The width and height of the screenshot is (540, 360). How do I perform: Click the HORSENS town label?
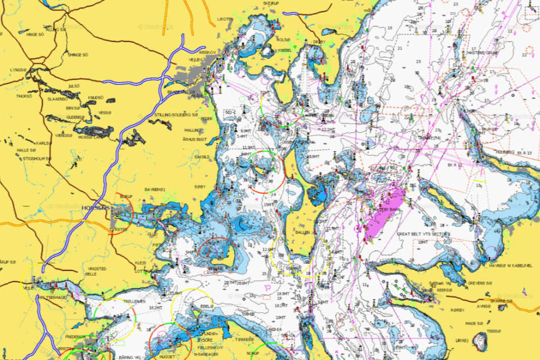pyautogui.click(x=96, y=208)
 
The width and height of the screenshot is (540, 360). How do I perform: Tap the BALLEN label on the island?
pyautogui.click(x=302, y=232)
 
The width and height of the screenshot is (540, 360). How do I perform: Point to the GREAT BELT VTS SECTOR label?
pyautogui.click(x=423, y=234)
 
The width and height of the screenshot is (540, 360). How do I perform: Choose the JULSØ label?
pyautogui.click(x=74, y=86)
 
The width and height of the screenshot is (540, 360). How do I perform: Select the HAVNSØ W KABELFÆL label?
pyautogui.click(x=511, y=265)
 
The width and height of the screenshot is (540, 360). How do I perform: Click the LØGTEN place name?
pyautogui.click(x=225, y=19)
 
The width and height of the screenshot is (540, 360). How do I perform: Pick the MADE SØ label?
pyautogui.click(x=474, y=324)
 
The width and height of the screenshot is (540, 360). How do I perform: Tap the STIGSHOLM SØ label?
pyautogui.click(x=36, y=158)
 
